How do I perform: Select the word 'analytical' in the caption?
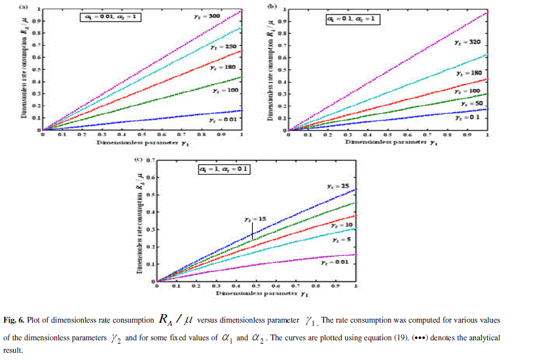[480, 338]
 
